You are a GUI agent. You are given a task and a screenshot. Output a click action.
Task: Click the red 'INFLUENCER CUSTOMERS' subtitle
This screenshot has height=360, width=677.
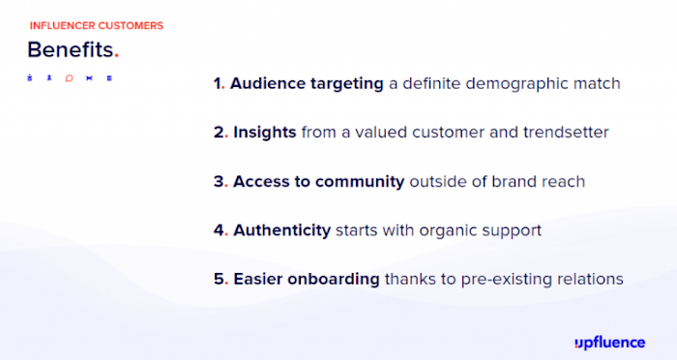[97, 26]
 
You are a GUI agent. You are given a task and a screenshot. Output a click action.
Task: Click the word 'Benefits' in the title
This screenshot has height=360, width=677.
[71, 49]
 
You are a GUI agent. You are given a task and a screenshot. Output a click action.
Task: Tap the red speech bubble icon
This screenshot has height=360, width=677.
[69, 78]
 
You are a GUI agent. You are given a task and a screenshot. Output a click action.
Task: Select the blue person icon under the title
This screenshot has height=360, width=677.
[49, 77]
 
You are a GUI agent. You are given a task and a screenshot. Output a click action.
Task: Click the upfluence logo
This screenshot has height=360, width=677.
[609, 344]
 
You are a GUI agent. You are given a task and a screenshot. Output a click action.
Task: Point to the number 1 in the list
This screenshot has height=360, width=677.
[218, 83]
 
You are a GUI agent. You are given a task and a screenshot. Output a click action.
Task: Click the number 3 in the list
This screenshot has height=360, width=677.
[219, 182]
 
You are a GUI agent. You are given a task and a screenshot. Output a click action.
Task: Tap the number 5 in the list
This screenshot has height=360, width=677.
[219, 279]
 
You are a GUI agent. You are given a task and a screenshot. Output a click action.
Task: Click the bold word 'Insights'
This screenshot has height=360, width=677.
[265, 133]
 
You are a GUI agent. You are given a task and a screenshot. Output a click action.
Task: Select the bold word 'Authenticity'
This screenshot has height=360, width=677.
[282, 230]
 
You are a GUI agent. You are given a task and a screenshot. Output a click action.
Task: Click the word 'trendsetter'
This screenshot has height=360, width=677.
[566, 133]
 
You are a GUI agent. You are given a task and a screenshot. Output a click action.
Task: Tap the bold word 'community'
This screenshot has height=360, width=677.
[360, 182]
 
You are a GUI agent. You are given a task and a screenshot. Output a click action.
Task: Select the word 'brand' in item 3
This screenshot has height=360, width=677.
[512, 182]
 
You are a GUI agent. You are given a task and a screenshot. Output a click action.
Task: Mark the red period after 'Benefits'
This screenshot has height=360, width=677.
[116, 56]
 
